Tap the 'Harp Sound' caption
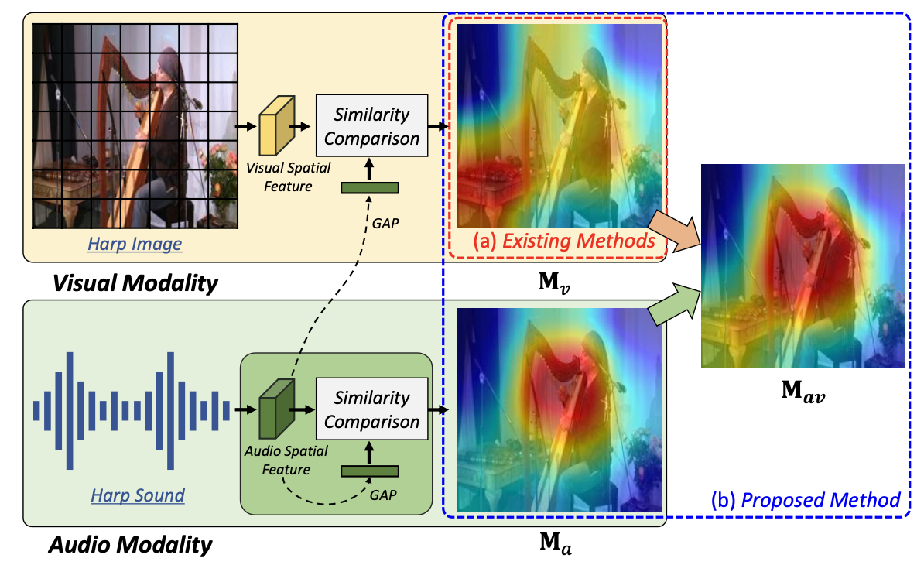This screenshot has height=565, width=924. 138,495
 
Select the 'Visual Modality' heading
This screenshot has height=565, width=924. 135,283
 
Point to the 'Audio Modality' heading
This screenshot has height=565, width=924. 130,545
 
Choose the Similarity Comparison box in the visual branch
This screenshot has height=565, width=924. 371,127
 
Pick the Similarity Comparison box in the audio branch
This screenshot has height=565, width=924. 371,410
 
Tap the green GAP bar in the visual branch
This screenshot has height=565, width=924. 370,187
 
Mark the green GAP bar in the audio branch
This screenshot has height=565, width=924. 370,470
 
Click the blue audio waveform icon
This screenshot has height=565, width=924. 131,409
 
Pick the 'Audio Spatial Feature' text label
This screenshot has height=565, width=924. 275,460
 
